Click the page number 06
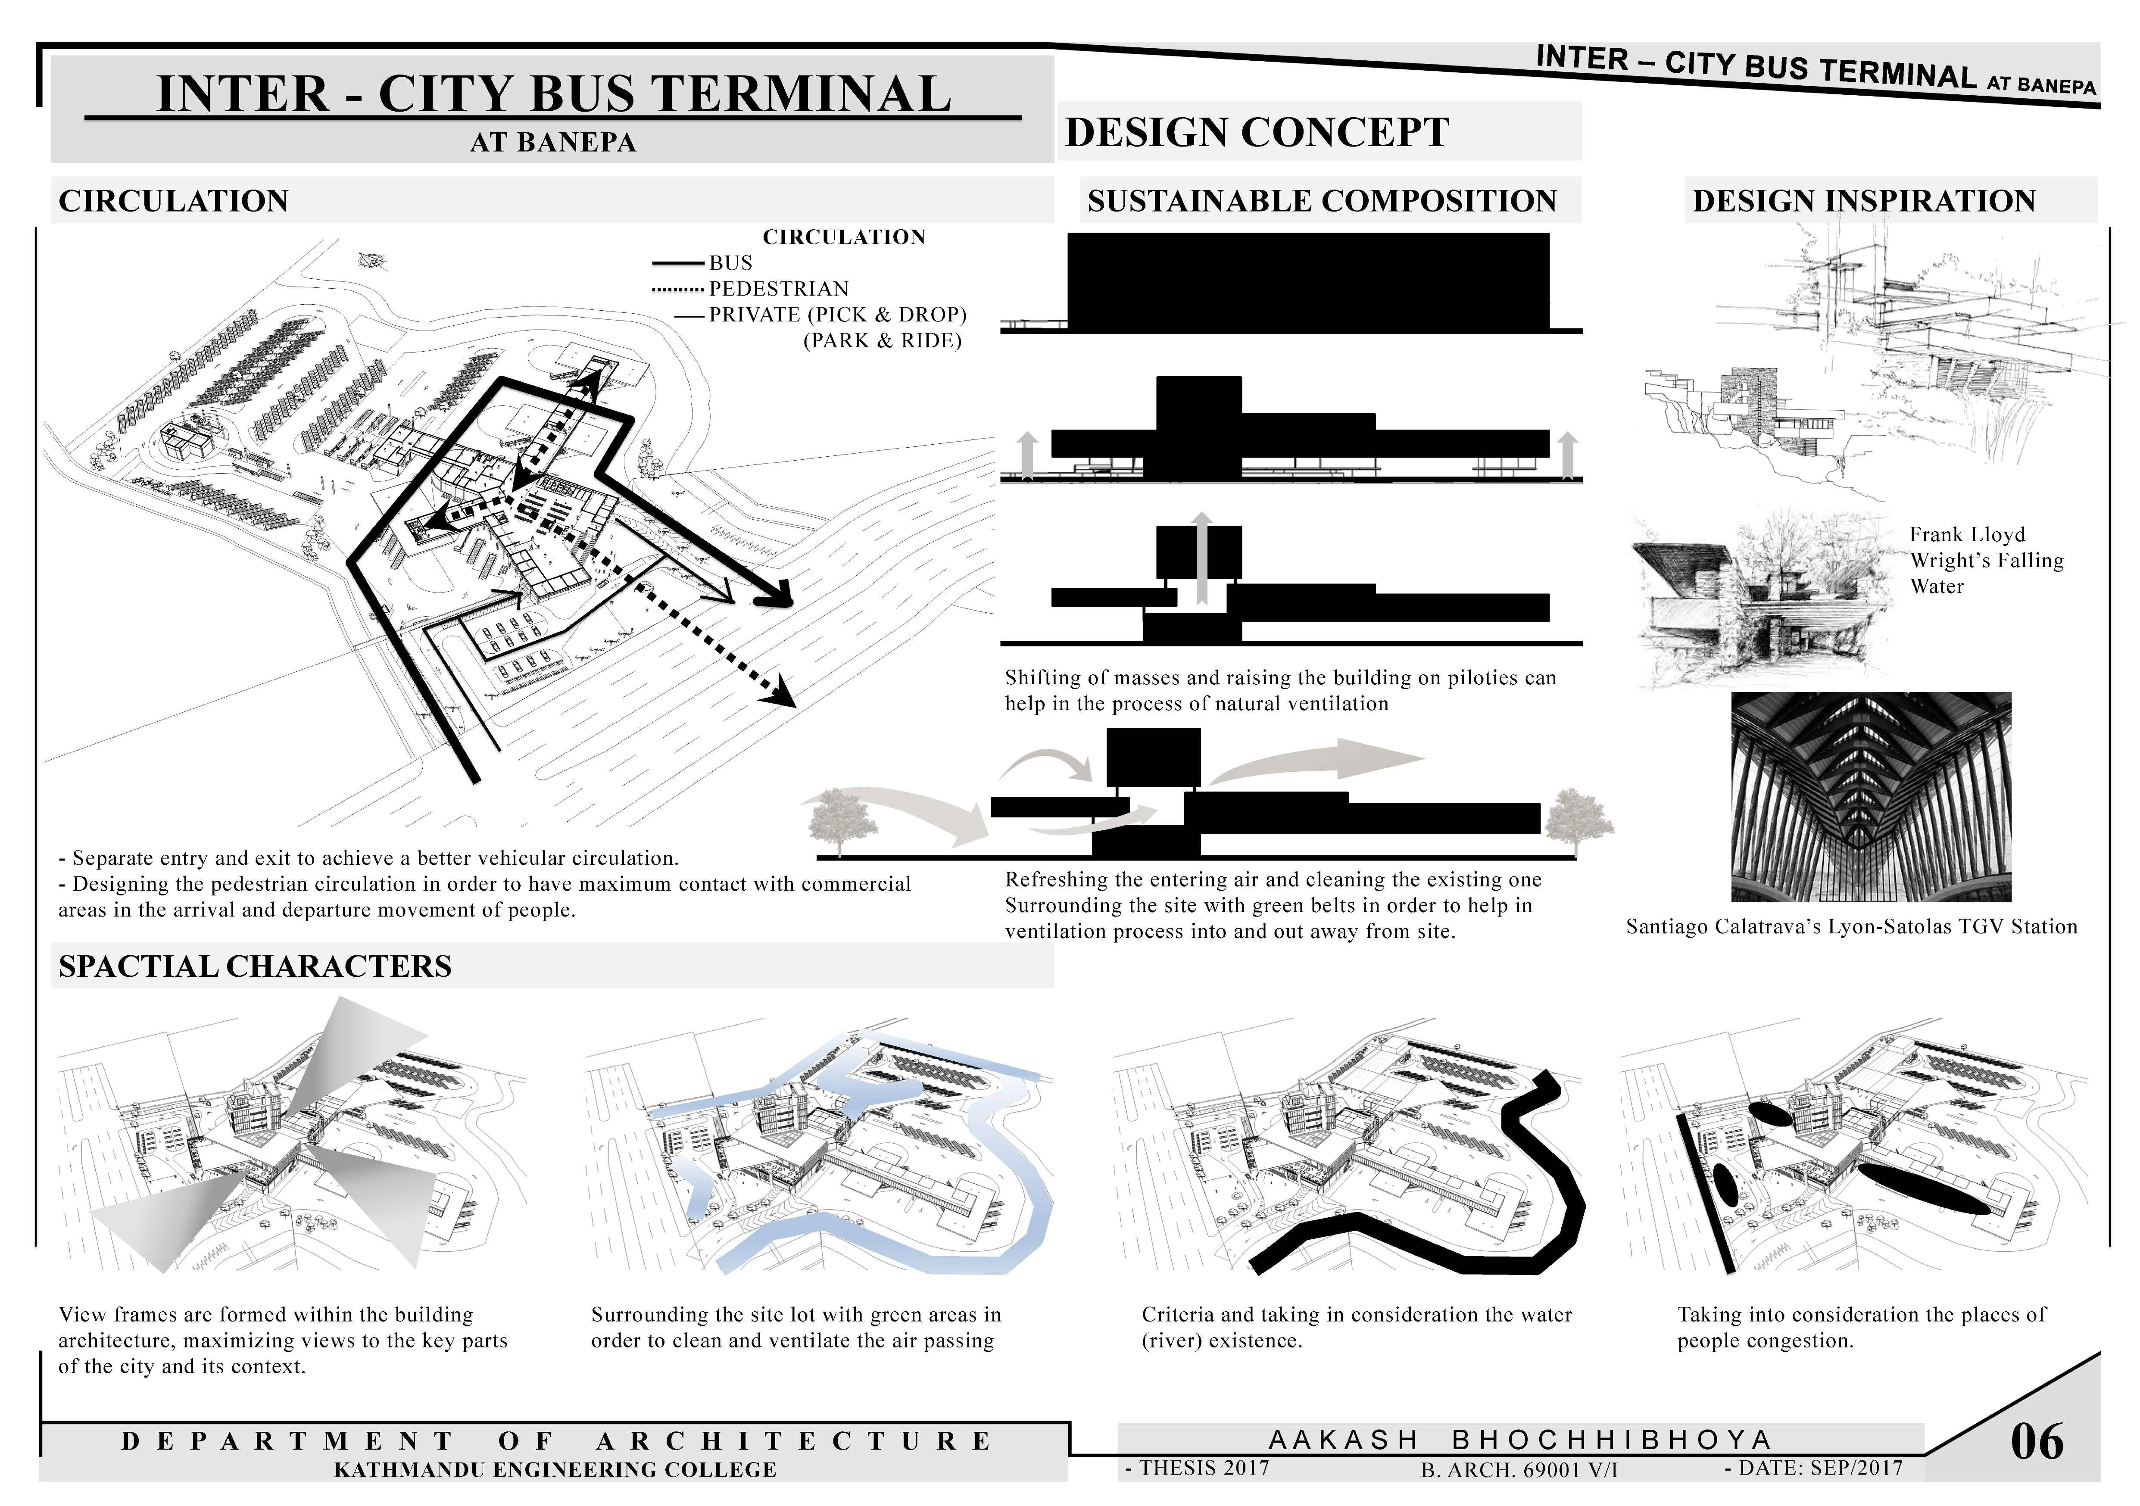pyautogui.click(x=2037, y=1442)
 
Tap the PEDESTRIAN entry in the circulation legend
pyautogui.click(x=778, y=289)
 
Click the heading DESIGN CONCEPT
pyautogui.click(x=1257, y=132)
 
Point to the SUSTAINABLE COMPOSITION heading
pyautogui.click(x=1321, y=201)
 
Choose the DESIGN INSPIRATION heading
pyautogui.click(x=1863, y=201)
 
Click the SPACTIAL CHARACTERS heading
pyautogui.click(x=254, y=967)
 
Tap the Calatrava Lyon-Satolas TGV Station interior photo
pyautogui.click(x=1871, y=797)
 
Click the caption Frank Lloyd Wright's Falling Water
pyautogui.click(x=1985, y=560)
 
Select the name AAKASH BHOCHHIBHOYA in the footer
pyautogui.click(x=1519, y=1440)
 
